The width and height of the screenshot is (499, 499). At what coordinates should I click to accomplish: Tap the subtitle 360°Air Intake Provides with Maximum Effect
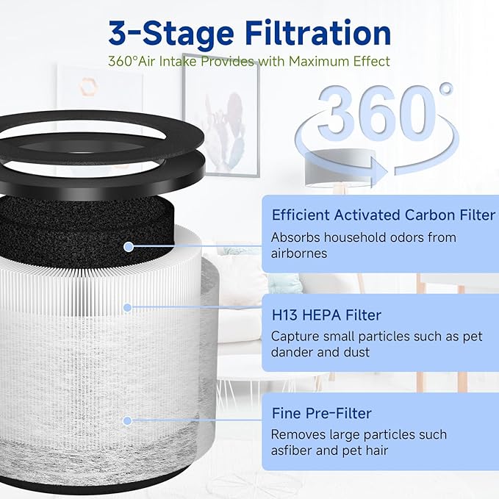pos(249,62)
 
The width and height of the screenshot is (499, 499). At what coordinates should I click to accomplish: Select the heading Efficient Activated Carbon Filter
pos(384,215)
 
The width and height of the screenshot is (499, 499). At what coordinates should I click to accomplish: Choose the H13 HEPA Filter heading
pos(326,315)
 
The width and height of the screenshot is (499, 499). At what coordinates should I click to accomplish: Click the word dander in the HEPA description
pos(292,352)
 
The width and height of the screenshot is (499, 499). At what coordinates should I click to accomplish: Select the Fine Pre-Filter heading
pos(321,414)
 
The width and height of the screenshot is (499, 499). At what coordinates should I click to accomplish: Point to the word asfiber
pos(292,450)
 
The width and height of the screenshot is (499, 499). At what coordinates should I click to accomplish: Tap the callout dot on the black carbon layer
pos(129,247)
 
